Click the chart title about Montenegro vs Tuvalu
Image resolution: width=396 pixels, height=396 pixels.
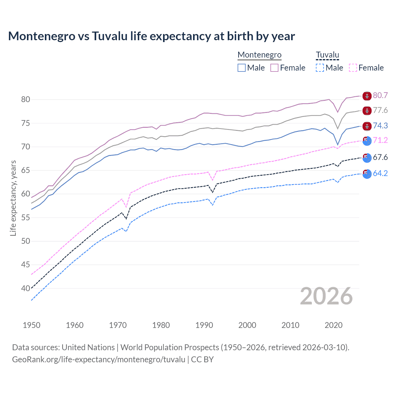click(151, 36)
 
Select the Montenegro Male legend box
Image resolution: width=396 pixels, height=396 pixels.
click(242, 68)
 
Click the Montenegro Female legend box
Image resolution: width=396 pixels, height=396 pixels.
click(274, 68)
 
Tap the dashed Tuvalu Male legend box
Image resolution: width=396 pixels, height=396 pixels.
click(320, 68)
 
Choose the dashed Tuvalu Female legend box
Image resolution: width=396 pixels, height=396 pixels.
click(353, 68)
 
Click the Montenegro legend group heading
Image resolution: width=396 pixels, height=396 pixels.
click(259, 55)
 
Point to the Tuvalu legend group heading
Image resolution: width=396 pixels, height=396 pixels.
click(327, 55)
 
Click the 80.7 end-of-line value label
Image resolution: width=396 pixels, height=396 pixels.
click(380, 95)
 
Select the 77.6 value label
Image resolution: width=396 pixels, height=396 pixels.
click(380, 110)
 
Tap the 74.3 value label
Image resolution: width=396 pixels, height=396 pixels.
click(380, 126)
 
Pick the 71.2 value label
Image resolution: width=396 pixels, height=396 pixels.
click(380, 140)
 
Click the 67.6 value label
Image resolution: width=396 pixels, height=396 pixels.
click(380, 157)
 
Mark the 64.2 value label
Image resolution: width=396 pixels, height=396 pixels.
click(380, 173)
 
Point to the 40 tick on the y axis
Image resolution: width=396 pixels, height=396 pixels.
click(25, 288)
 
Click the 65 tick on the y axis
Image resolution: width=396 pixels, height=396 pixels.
click(25, 170)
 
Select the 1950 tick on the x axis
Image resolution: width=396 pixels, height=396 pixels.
click(32, 325)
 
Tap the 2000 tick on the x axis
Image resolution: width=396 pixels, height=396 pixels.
click(247, 325)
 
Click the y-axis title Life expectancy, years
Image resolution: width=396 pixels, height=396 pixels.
click(13, 198)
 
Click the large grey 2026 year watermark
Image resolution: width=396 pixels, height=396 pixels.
click(326, 296)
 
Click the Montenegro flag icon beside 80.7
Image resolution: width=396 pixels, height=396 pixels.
click(367, 96)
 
